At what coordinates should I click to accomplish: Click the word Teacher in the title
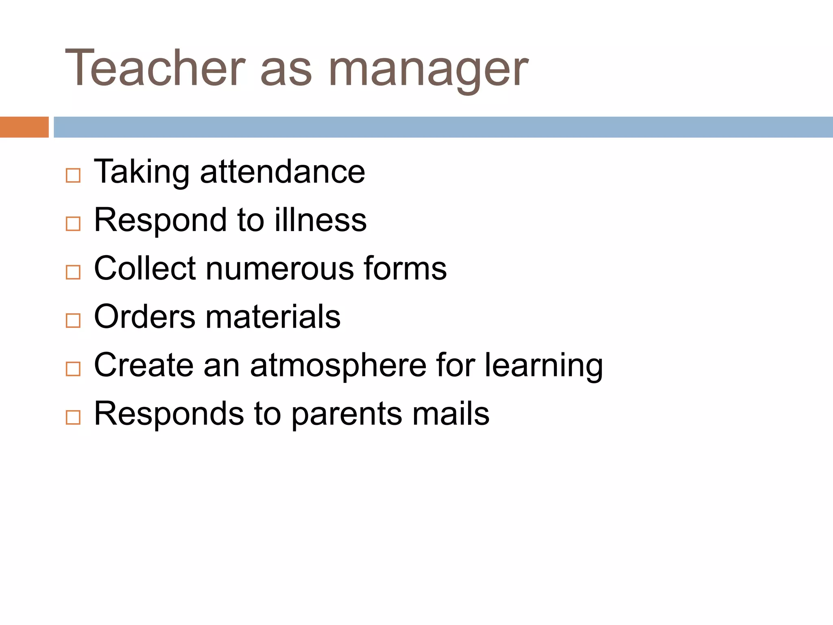click(155, 68)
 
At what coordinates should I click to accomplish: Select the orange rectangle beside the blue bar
click(24, 127)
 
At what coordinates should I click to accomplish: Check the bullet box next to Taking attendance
click(73, 175)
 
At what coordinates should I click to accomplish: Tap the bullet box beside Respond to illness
click(73, 223)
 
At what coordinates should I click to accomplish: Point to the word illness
click(321, 220)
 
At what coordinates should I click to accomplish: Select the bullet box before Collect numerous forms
click(73, 272)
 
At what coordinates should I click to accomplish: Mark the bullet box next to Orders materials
click(73, 320)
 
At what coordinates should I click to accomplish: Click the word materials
click(273, 317)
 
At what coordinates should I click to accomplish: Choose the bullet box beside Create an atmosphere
click(73, 369)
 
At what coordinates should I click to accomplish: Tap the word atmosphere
click(338, 365)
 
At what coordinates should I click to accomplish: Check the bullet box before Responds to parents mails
click(73, 417)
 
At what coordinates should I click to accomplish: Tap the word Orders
click(145, 317)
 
